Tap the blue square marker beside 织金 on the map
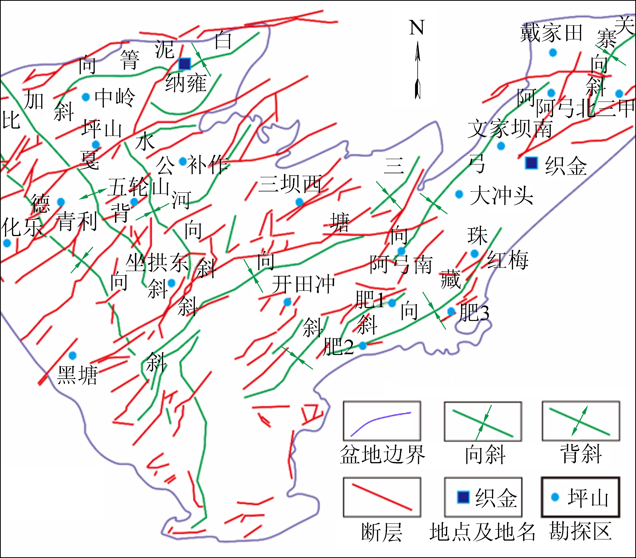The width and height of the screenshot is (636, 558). point(531,163)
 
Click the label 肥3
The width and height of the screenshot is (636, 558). point(474,313)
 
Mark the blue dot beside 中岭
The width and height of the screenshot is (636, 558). point(86,97)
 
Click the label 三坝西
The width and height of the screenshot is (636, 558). point(290,184)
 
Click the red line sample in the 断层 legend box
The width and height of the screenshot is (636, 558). point(382,497)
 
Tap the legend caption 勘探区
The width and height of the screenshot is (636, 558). point(580,531)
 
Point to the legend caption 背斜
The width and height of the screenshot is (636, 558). point(581,454)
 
